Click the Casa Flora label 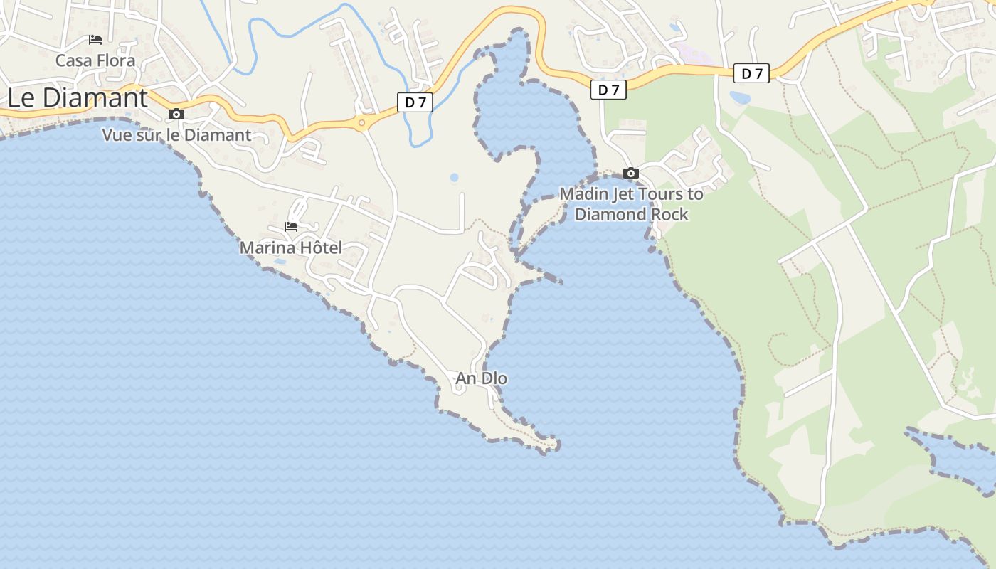click(95, 60)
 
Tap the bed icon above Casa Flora click(95, 40)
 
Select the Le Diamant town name click(78, 98)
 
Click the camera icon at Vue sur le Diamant click(176, 114)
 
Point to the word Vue click(117, 135)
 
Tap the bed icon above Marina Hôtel click(291, 227)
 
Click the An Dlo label click(482, 378)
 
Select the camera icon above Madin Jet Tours click(631, 173)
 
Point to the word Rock click(670, 214)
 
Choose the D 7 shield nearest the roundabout click(415, 102)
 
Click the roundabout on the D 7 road click(362, 124)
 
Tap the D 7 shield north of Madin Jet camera click(608, 90)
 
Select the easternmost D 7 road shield click(751, 73)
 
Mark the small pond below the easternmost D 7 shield click(740, 97)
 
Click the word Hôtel click(319, 248)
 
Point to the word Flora click(117, 60)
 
